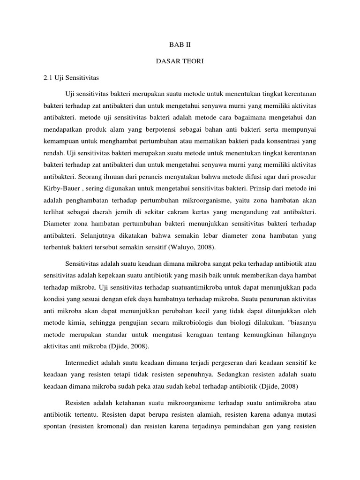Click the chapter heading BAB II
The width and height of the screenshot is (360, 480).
180,45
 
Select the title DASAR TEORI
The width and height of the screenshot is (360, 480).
180,61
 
